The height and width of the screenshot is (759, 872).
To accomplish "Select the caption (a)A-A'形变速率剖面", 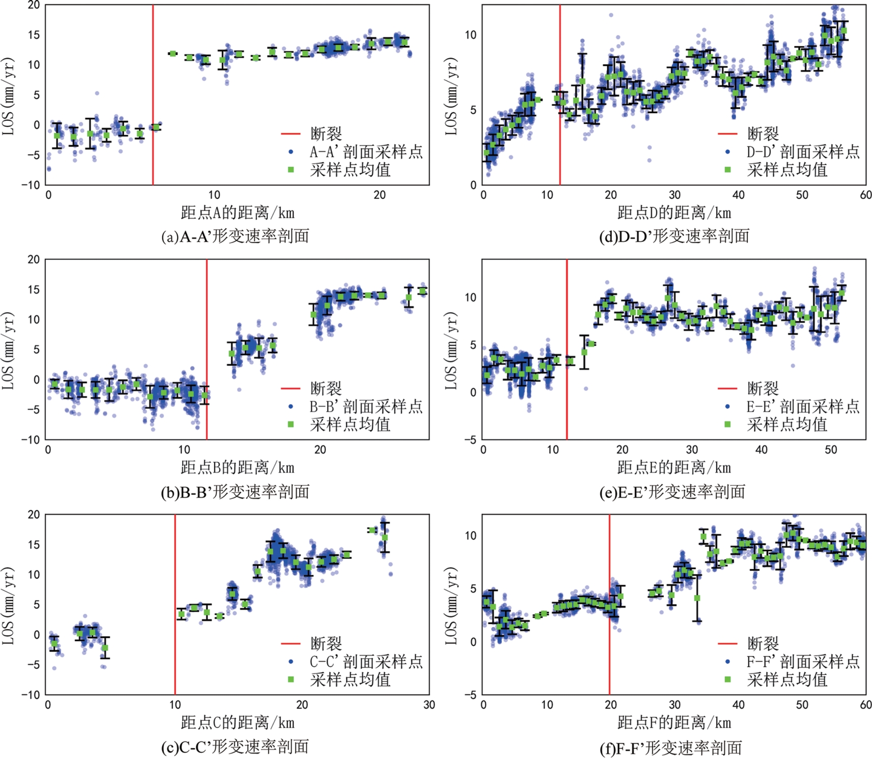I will pyautogui.click(x=235, y=236).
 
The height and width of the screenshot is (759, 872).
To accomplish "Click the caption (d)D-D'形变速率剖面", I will pyautogui.click(x=674, y=236).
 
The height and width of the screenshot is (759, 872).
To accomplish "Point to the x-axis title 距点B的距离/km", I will pyautogui.click(x=237, y=467).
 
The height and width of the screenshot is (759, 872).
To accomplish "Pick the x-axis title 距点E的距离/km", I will pyautogui.click(x=674, y=467).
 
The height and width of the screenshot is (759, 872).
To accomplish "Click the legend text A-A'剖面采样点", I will pyautogui.click(x=366, y=152).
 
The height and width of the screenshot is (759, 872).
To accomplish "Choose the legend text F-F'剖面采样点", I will pyautogui.click(x=803, y=662).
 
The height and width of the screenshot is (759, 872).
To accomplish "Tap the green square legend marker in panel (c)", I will pyautogui.click(x=291, y=679).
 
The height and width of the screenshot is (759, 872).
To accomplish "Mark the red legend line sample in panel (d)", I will pyautogui.click(x=727, y=134).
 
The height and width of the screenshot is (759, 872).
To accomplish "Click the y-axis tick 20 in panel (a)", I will pyautogui.click(x=34, y=5).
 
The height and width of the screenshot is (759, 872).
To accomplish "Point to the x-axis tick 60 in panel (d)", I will pyautogui.click(x=865, y=195).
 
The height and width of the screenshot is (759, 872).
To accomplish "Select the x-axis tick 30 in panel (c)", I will pyautogui.click(x=429, y=705).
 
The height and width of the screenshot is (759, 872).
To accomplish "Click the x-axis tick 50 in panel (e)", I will pyautogui.click(x=831, y=450).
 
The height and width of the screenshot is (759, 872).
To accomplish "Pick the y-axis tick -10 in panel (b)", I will pyautogui.click(x=31, y=440).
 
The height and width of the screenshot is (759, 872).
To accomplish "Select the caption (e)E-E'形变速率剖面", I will pyautogui.click(x=672, y=492).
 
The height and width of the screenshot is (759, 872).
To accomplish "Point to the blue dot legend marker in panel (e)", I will pyautogui.click(x=727, y=406).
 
